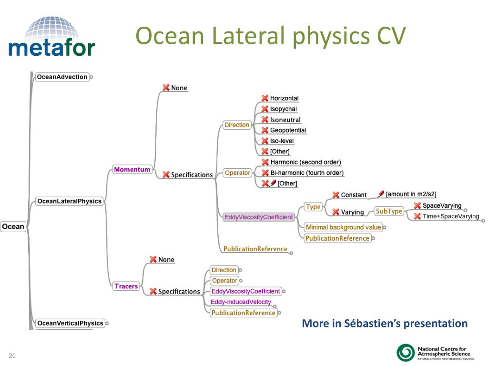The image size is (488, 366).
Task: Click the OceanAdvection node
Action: pyautogui.click(x=62, y=77)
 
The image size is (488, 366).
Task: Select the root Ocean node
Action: pyautogui.click(x=13, y=226)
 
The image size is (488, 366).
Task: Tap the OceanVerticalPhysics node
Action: pyautogui.click(x=70, y=323)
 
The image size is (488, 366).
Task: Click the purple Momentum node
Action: pyautogui.click(x=132, y=169)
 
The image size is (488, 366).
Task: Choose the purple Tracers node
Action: pyautogui.click(x=126, y=286)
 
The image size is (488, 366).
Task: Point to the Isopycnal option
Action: pyautogui.click(x=283, y=109)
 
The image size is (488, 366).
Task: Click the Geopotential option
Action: pyautogui.click(x=288, y=130)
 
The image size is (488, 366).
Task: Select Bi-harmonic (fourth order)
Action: pyautogui.click(x=306, y=173)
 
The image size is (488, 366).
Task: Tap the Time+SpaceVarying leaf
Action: pyautogui.click(x=451, y=216)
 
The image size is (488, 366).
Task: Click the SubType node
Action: pyautogui.click(x=389, y=211)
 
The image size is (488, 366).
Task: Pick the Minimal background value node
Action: pyautogui.click(x=343, y=227)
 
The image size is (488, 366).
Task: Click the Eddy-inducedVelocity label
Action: pyautogui.click(x=241, y=302)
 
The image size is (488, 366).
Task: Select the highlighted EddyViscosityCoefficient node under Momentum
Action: pyautogui.click(x=258, y=217)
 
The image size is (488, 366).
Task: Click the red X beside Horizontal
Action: pyautogui.click(x=265, y=98)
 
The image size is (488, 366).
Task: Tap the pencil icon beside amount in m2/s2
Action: pyautogui.click(x=381, y=193)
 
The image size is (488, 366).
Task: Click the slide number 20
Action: pyautogui.click(x=12, y=356)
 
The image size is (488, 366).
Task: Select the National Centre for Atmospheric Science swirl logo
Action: pyautogui.click(x=406, y=353)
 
